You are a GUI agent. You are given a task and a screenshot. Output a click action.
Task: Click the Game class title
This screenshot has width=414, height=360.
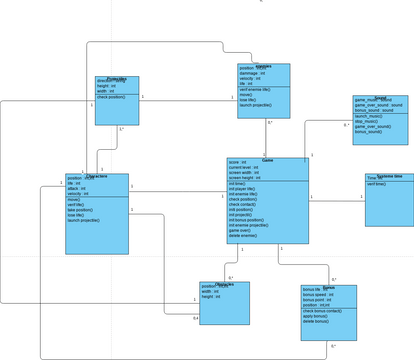click(267, 160)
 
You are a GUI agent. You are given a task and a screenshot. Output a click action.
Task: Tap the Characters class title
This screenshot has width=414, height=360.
click(97, 176)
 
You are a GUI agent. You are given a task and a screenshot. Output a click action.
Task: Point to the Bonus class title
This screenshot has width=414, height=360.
click(328, 287)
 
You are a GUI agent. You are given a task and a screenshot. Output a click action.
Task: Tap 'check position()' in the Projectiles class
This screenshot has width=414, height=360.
click(111, 97)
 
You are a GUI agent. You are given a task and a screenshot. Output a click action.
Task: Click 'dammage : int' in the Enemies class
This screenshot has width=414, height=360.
click(253, 73)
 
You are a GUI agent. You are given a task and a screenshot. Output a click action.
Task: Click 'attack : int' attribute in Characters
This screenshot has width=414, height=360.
click(76, 188)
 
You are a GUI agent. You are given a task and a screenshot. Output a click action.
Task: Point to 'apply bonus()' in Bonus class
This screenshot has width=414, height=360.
click(316, 316)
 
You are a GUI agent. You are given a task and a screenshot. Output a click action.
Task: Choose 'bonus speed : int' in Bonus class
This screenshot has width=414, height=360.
click(318, 294)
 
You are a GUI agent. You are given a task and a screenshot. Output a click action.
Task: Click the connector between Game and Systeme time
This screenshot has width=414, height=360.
click(337, 197)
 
